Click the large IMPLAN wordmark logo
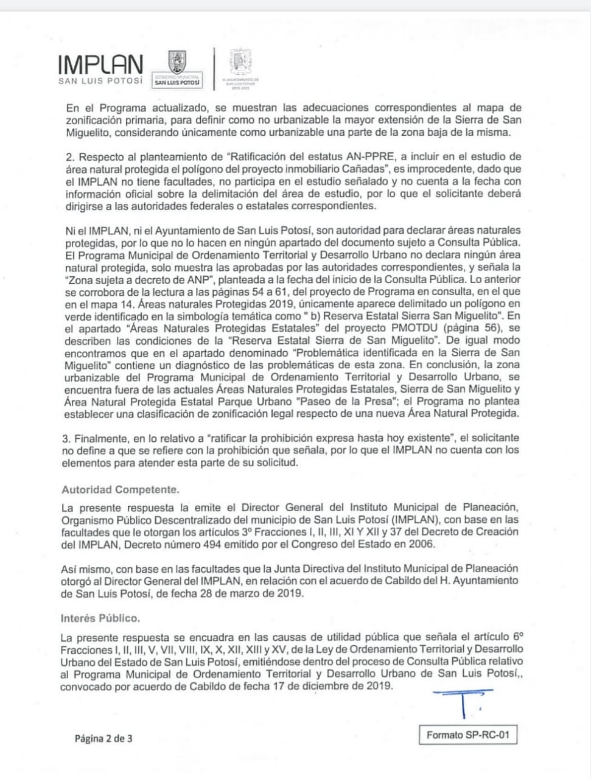pyautogui.click(x=100, y=65)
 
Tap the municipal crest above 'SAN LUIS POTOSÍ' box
pyautogui.click(x=177, y=62)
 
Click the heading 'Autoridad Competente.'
pyautogui.click(x=121, y=489)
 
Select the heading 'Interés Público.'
pyautogui.click(x=100, y=618)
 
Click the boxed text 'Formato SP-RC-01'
pyautogui.click(x=467, y=735)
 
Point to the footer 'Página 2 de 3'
pyautogui.click(x=103, y=738)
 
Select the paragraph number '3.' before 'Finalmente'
pyautogui.click(x=66, y=438)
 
